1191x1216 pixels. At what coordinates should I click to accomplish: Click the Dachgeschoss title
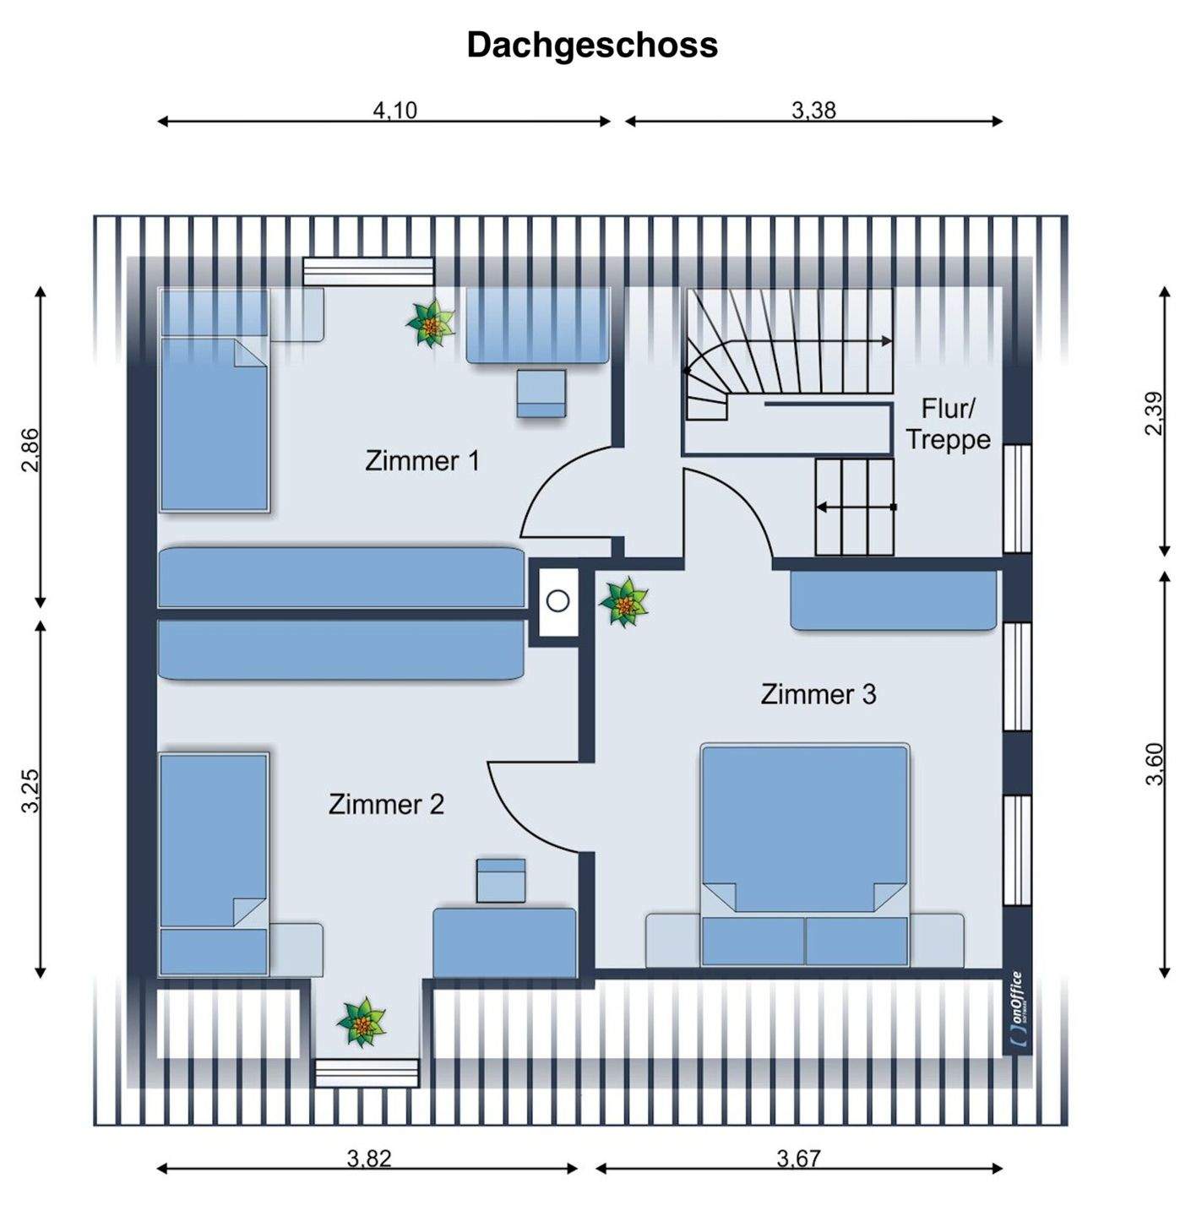592,45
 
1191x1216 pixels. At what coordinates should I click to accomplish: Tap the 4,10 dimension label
395,110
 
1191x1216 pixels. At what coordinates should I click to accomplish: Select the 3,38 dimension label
813,110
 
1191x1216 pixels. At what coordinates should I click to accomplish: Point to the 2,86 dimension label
30,450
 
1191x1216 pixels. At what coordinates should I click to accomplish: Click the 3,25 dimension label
30,790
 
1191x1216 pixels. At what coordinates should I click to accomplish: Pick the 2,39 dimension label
1154,414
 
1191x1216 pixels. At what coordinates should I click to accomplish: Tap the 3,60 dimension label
1154,763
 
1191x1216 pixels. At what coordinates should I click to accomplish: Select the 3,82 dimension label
369,1158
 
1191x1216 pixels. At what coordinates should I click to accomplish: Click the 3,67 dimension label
798,1158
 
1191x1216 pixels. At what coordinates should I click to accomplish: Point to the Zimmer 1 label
421,461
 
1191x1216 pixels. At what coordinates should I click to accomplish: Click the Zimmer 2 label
386,804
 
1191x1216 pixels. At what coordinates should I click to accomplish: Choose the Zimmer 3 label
818,694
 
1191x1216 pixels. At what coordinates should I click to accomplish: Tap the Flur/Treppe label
948,424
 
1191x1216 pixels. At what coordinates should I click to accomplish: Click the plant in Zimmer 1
431,323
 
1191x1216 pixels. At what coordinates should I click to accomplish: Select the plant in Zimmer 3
624,602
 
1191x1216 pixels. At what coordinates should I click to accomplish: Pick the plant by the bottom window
362,1022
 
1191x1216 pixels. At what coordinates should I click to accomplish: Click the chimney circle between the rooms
557,601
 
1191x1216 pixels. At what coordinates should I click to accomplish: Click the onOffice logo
1017,1011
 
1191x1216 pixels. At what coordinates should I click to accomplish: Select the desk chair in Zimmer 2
501,881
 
